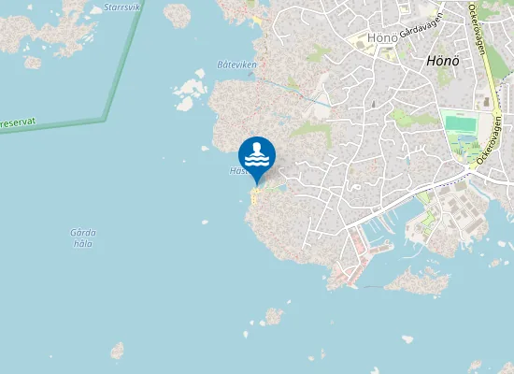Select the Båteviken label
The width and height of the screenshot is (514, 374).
tap(236, 64)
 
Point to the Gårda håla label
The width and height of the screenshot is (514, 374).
tap(83, 237)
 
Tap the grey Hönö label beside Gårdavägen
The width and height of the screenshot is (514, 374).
tap(383, 37)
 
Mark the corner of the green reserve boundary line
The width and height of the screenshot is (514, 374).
tap(105, 119)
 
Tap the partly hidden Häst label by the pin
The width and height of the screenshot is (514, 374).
tap(236, 171)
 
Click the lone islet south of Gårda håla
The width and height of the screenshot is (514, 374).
tap(117, 351)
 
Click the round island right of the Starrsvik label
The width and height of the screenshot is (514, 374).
tap(177, 14)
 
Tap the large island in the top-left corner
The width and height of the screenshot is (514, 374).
tap(37, 33)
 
